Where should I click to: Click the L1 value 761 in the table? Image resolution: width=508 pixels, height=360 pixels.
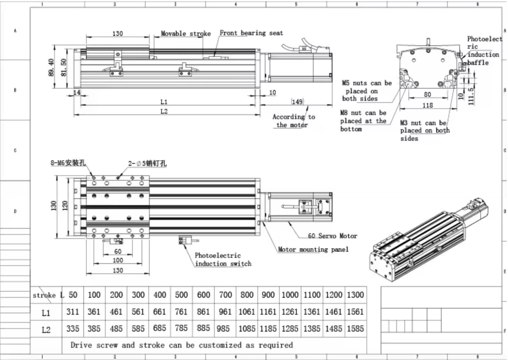181,312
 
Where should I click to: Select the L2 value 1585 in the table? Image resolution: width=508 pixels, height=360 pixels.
355,329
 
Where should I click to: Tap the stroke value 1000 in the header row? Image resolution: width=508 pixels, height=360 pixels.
290,295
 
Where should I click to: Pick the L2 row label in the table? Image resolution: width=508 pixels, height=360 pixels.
46,330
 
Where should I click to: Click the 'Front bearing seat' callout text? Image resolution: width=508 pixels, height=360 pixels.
251,33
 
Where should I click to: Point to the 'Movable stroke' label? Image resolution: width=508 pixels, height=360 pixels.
185,33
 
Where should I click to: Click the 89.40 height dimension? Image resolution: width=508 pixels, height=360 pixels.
51,67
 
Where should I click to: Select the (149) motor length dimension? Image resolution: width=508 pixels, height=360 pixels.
297,102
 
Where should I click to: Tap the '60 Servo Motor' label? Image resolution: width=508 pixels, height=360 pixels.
332,236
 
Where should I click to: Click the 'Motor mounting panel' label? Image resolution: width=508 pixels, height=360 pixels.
313,249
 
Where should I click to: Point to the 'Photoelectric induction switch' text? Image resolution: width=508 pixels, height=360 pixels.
223,260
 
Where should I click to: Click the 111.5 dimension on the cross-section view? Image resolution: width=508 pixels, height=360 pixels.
470,96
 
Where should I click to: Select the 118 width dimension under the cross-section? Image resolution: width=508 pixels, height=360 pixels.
427,105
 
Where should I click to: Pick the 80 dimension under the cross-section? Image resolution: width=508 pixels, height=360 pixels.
427,94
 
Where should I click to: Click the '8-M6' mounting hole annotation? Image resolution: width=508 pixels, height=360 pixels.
68,163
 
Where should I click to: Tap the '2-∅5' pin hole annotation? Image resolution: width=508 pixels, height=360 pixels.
147,163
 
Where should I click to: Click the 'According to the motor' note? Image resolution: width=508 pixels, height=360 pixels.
293,121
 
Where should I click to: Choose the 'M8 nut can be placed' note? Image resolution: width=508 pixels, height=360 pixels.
363,121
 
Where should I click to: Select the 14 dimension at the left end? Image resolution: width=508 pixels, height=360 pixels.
77,92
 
